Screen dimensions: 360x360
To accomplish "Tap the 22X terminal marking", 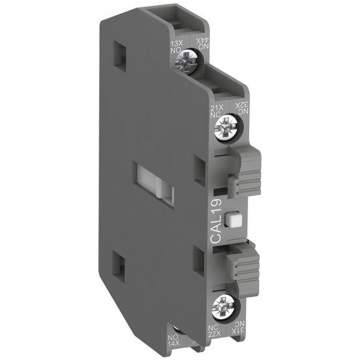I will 213,331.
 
